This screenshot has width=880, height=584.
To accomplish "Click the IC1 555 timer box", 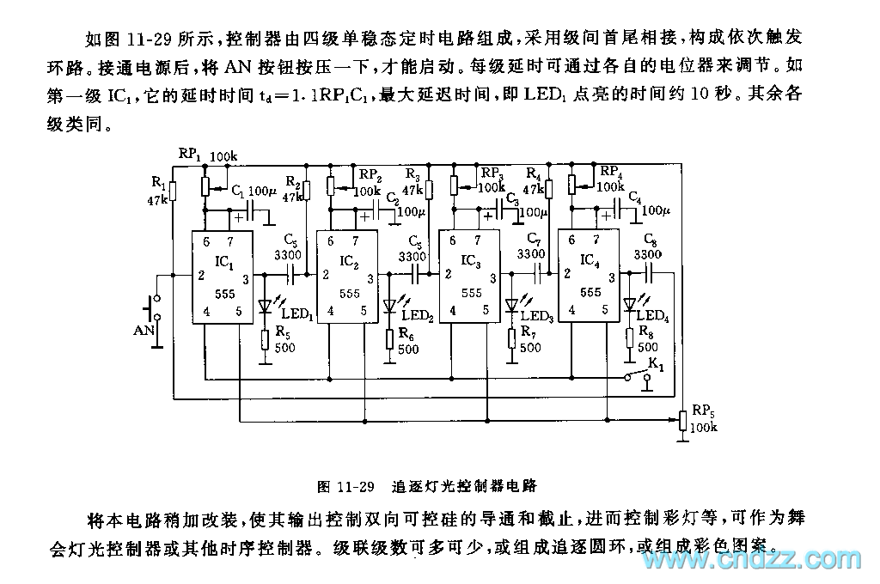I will (222, 276).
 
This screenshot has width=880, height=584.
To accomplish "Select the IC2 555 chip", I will (348, 276).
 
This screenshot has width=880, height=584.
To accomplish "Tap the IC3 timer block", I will (470, 276).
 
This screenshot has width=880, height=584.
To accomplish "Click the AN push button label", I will (144, 329).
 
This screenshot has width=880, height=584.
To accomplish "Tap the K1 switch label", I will (657, 364).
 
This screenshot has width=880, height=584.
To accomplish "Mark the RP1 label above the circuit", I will (189, 153).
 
